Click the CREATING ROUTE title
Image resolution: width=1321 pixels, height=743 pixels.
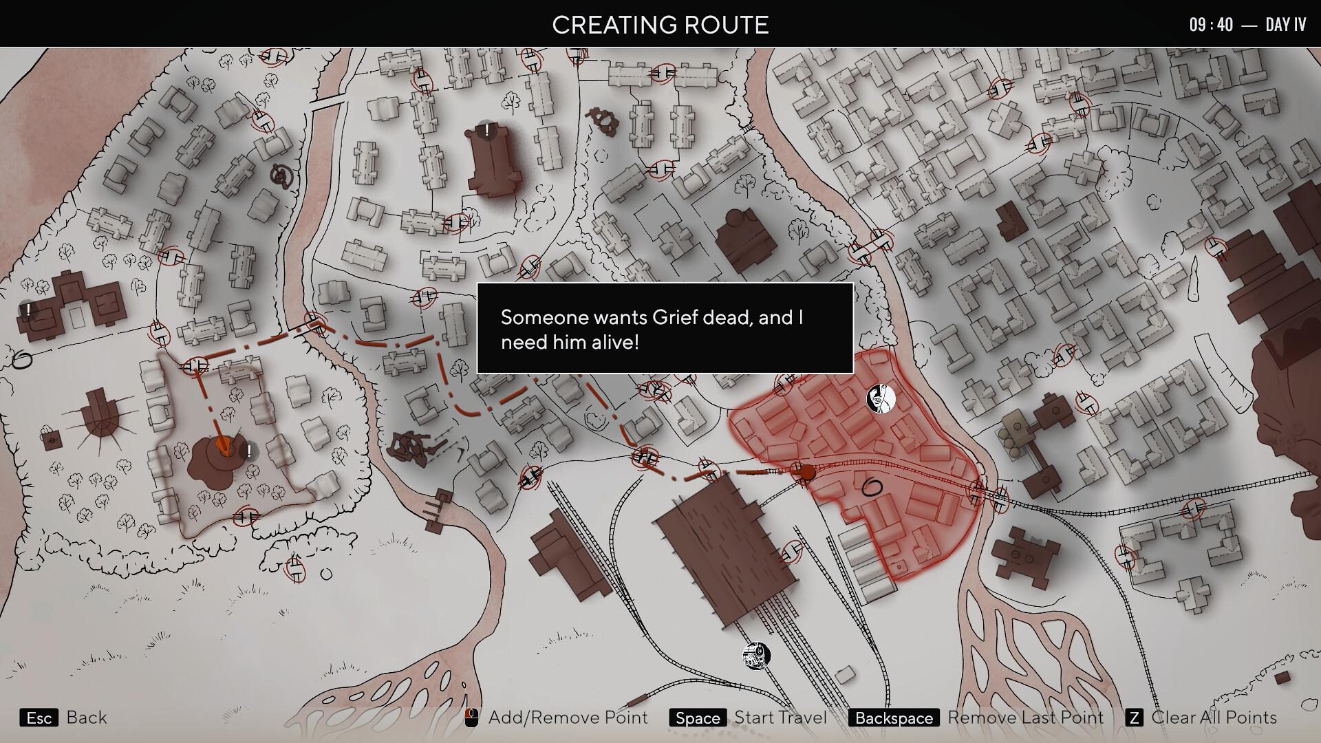tap(660, 25)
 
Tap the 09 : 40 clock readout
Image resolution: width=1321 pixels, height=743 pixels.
tap(1211, 25)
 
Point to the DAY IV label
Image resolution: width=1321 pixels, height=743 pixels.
tap(1285, 25)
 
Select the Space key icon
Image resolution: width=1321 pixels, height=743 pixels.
tap(697, 718)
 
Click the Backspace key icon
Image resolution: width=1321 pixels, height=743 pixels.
tap(894, 718)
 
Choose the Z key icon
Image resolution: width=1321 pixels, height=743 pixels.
tap(1134, 718)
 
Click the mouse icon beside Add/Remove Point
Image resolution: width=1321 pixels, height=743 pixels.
tap(471, 718)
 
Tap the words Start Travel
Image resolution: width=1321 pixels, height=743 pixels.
tap(780, 718)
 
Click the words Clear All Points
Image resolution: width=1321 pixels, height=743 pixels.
tap(1214, 718)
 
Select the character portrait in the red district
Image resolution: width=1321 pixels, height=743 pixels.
tap(881, 398)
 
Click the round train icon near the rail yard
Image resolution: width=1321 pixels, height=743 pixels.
tap(756, 656)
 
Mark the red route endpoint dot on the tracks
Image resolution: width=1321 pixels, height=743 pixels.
tap(806, 472)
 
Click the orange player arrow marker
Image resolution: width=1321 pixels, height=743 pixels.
tap(222, 445)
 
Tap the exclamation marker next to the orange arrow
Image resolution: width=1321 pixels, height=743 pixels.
tap(248, 451)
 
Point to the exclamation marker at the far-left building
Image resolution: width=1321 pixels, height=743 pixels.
tap(28, 310)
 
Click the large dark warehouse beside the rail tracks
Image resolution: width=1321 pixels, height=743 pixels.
tap(722, 547)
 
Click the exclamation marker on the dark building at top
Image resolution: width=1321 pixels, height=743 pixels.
tap(487, 129)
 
